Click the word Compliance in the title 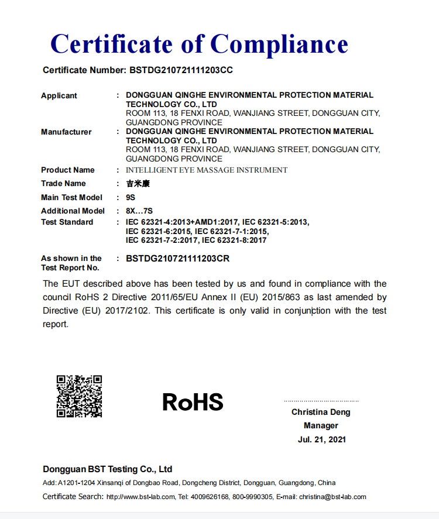pos(279,44)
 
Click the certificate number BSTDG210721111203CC pos(180,70)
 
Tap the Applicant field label pos(59,95)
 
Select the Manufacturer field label pos(66,132)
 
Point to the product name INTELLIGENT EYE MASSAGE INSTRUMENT pos(207,170)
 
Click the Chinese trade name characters pos(138,184)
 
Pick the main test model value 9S pos(131,197)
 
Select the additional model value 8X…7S pos(139,211)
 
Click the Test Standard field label pos(67,222)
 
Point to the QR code pos(79,396)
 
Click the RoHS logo pos(193,402)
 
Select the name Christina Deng pos(321,412)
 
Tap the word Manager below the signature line pos(321,425)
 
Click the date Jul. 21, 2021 pos(321,439)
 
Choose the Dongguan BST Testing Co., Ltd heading pos(107,469)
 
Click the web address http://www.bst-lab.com pos(140,497)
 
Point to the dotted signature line pos(321,401)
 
